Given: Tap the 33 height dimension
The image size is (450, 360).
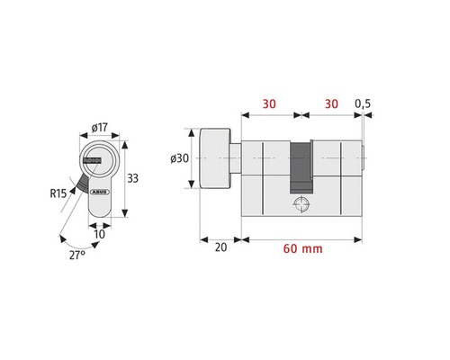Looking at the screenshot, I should click(x=133, y=178).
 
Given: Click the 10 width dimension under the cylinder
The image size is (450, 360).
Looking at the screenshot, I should click(x=101, y=234).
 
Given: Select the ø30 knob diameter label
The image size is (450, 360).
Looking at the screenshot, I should click(x=179, y=159).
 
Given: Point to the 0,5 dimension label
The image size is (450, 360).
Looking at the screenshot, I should click(x=364, y=103).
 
